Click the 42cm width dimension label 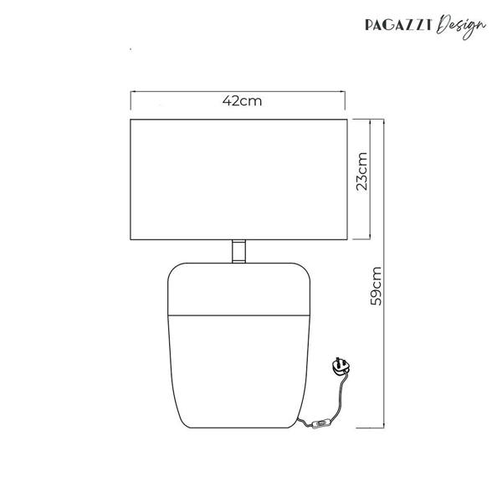coord(243,101)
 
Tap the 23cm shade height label coord(362,172)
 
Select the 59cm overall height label coord(376,286)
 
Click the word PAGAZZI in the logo coord(398,25)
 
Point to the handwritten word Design coord(461,26)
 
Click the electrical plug coord(341,366)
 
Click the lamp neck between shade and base coord(238,251)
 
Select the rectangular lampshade coord(238,179)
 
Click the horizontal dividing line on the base coord(238,315)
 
